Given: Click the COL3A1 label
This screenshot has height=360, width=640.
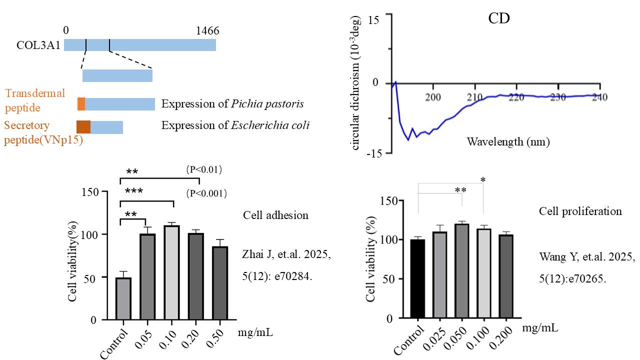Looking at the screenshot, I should coord(39,45).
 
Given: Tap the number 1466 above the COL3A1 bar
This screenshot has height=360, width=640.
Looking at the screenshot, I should coord(207,31).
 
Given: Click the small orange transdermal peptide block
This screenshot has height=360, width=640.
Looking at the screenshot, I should coord(81,104).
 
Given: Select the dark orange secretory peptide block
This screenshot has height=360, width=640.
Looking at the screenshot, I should coord(83,127).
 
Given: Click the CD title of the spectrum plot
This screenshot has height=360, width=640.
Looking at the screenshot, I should coord(498,19).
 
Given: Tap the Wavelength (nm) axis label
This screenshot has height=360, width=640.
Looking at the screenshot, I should coord(508,141).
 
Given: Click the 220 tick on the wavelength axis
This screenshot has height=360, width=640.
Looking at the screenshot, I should coord(515,96).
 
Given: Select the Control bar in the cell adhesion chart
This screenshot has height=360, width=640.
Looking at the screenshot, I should coord(123,298).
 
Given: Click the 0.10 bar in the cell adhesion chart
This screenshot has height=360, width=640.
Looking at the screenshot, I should coord(171,272).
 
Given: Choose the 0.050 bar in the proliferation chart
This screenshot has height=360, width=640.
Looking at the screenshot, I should coord(461,270).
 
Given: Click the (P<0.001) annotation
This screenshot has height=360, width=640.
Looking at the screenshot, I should coord(203,193).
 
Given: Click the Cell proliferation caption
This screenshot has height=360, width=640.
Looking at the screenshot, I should coord(580,211).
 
